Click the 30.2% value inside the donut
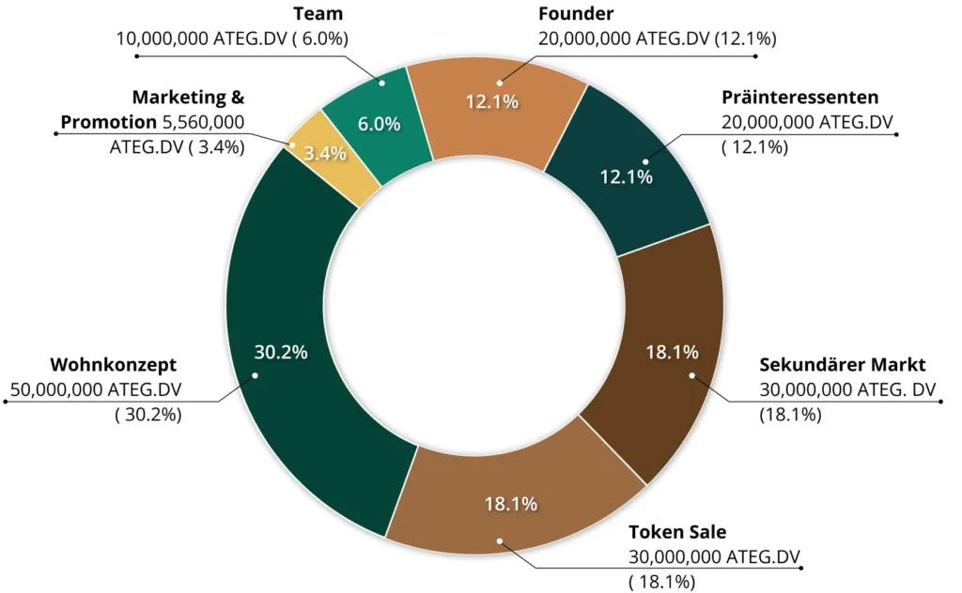[281, 352]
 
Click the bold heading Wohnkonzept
[113, 364]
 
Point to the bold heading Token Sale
[677, 532]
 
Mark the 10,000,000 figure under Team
[161, 38]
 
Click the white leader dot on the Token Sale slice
[500, 541]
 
